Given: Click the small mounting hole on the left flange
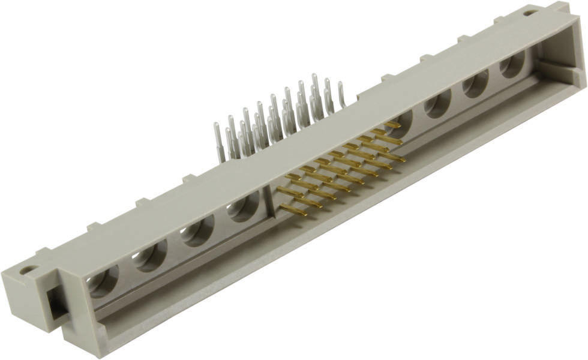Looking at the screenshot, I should tap(26, 271).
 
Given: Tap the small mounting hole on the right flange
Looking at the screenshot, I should tap(530, 13).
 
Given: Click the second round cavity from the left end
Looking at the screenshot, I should tap(150, 256).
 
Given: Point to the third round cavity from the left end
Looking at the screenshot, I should tap(197, 232).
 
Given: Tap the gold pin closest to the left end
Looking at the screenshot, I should tap(293, 209).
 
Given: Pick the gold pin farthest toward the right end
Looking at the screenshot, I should tap(394, 125).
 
